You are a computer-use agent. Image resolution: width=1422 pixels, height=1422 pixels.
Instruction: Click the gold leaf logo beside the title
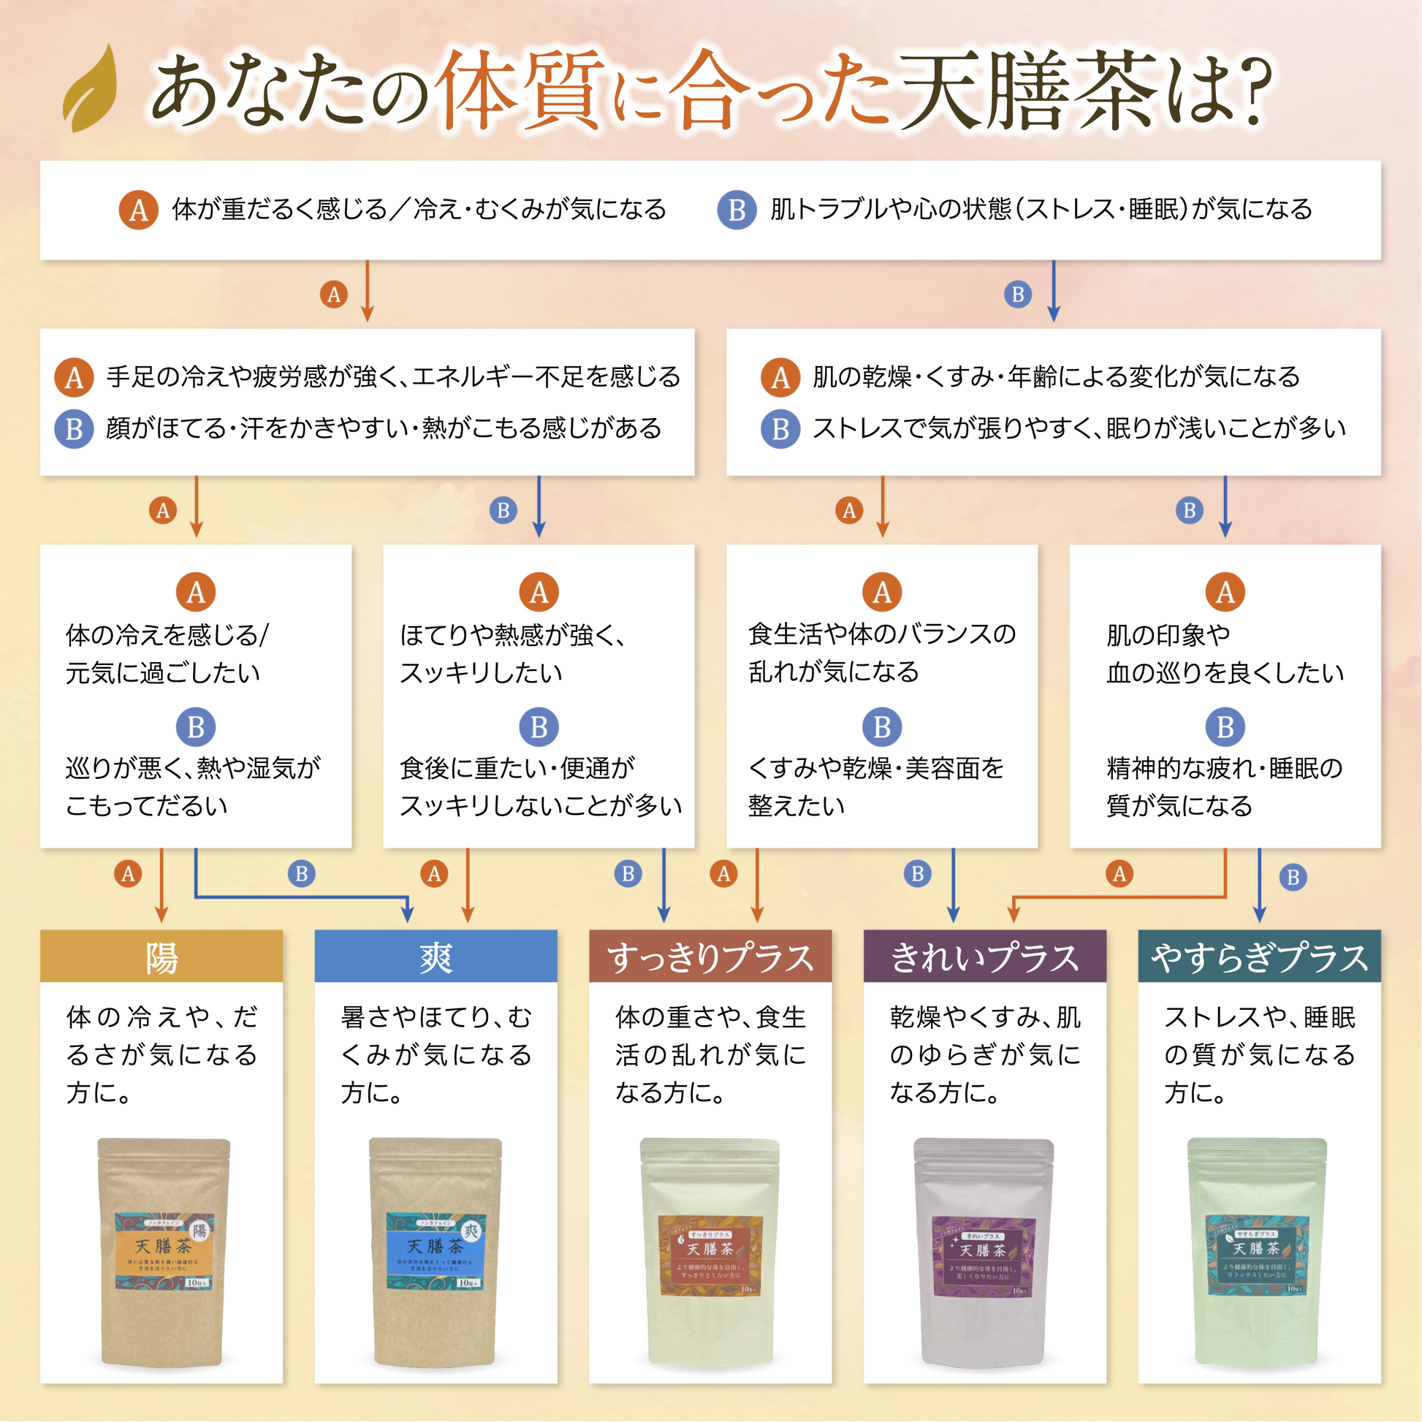click(x=90, y=90)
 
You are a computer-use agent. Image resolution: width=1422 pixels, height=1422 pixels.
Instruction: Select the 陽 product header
click(x=161, y=957)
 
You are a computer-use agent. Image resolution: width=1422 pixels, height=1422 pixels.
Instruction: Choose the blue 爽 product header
click(x=436, y=957)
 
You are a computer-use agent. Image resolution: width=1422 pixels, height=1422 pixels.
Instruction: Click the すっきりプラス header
click(x=710, y=957)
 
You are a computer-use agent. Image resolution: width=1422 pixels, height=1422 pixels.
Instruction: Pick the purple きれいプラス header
click(x=985, y=957)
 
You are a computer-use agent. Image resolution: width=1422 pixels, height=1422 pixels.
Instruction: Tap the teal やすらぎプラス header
click(x=1259, y=957)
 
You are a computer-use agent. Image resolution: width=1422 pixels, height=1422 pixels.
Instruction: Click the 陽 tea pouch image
click(x=163, y=1251)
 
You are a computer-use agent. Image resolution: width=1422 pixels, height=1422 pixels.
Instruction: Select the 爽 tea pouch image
click(x=435, y=1251)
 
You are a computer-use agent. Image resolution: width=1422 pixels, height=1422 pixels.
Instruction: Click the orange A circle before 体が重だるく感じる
click(x=138, y=210)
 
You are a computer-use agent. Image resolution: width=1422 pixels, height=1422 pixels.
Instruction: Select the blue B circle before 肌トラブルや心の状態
click(x=737, y=210)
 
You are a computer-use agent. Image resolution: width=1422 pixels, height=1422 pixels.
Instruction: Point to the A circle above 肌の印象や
click(x=1225, y=592)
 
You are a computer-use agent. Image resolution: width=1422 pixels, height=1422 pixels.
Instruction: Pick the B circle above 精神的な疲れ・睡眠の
click(x=1225, y=726)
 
